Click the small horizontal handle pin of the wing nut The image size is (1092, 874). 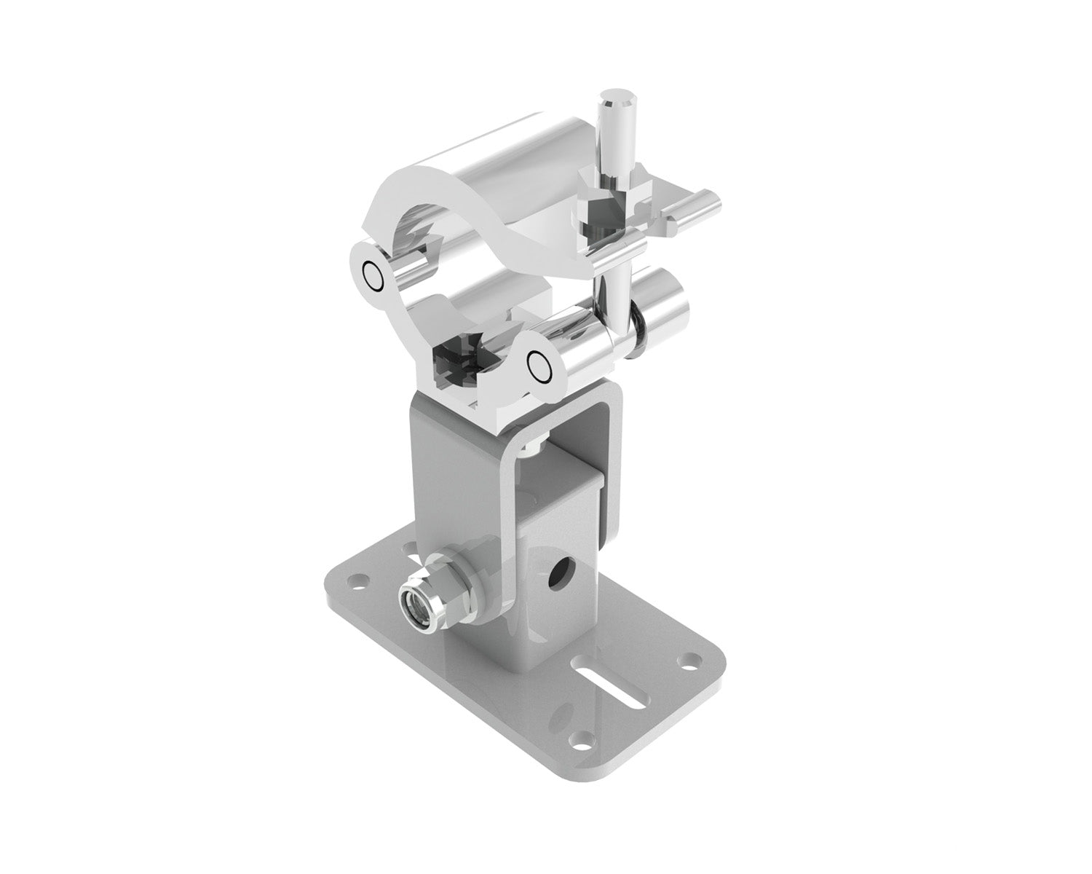691,207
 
